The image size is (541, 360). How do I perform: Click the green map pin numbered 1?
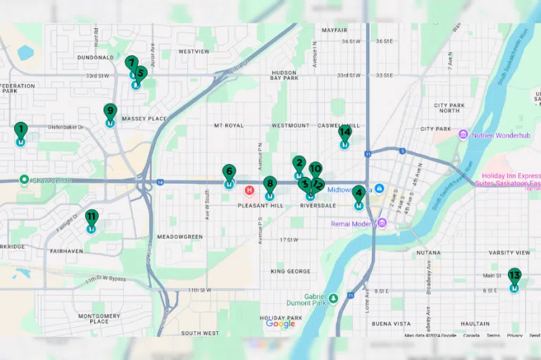(20, 130)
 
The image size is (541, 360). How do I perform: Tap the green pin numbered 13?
(515, 275)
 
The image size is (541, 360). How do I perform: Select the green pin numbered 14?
(344, 132)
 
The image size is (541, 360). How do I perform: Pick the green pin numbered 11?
(92, 217)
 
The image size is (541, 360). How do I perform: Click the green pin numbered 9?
(110, 111)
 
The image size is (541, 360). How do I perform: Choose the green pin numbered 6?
(229, 172)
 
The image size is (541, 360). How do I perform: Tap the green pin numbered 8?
(270, 185)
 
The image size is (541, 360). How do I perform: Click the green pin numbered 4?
(359, 194)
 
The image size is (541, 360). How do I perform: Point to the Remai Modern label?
(354, 223)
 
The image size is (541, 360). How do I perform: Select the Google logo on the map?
(280, 323)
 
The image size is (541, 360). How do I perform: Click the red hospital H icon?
(249, 190)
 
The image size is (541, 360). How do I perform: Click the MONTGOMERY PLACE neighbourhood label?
(99, 318)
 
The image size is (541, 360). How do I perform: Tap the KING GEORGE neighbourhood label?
(290, 271)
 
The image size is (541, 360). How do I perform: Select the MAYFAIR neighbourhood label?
(335, 31)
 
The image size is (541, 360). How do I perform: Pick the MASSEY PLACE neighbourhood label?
(144, 118)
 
